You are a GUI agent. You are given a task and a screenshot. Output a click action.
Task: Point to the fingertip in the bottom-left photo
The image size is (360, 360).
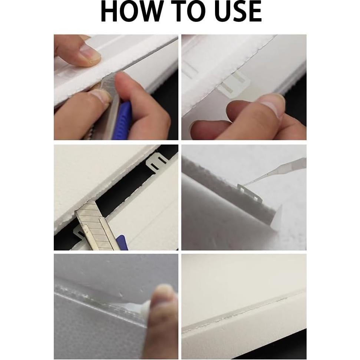point(163,297)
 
